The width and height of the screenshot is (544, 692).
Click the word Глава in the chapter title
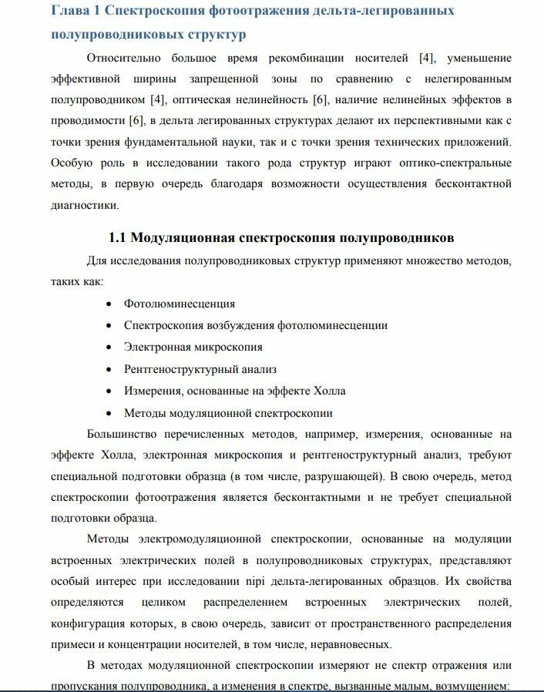[x=70, y=11]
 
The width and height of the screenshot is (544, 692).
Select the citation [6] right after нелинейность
[x=321, y=99]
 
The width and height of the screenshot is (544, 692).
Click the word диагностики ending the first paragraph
[x=85, y=205]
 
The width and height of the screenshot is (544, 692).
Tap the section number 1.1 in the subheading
[x=119, y=237]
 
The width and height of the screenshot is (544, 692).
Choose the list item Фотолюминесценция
[x=180, y=304]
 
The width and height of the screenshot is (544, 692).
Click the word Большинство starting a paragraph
[x=123, y=434]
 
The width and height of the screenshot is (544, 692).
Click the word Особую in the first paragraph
[x=69, y=163]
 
